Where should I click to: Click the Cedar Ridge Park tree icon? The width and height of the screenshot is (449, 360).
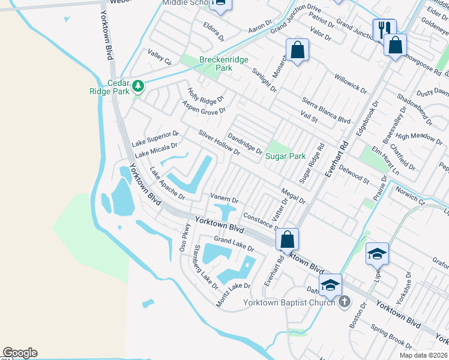click(x=139, y=86)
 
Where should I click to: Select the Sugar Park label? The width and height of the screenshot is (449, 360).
click(x=286, y=156)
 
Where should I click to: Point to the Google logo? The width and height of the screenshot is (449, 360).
click(x=20, y=353)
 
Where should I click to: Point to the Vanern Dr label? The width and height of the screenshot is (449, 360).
click(x=224, y=198)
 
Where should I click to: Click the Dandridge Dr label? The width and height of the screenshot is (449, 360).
click(x=244, y=143)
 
